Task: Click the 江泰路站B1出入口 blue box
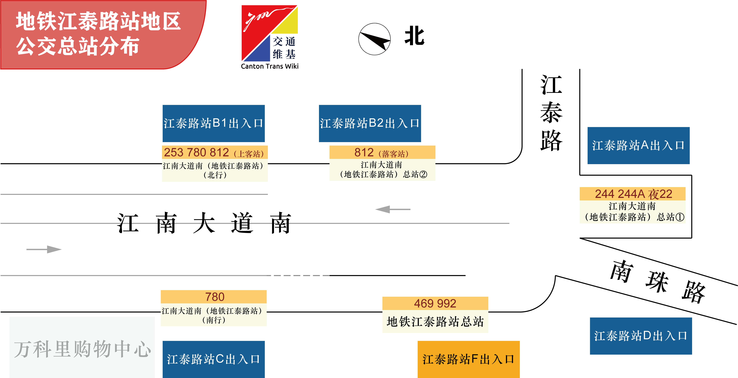click(x=213, y=123)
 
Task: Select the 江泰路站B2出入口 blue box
click(x=370, y=123)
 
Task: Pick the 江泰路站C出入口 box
click(x=213, y=359)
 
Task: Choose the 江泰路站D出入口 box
click(x=641, y=336)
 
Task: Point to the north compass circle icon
click(x=374, y=39)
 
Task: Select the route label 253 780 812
click(x=197, y=152)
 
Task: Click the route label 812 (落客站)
click(x=382, y=153)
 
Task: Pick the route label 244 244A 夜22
click(x=633, y=194)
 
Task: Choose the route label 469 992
click(x=435, y=303)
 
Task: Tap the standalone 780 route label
click(x=215, y=297)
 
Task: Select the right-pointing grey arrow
click(x=44, y=249)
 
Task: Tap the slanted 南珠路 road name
click(x=658, y=282)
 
